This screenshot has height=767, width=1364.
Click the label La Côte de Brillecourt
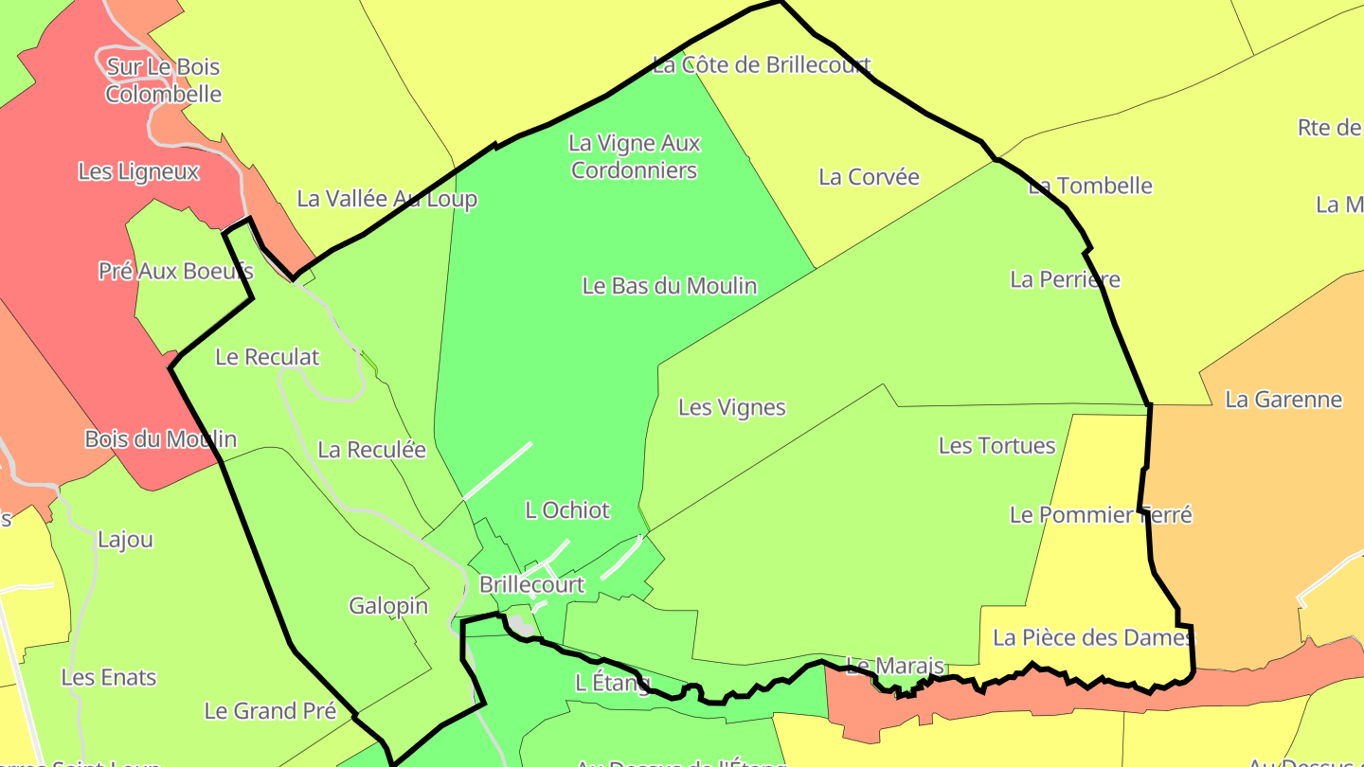pos(762,65)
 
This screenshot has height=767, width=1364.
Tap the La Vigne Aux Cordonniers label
pos(635,157)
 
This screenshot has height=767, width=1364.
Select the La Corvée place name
pos(869,177)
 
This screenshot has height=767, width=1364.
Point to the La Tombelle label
pos(1090,186)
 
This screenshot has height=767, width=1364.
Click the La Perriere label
pos(1065,279)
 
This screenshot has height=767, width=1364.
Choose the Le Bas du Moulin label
pos(670,286)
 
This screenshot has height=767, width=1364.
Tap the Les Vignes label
pos(732,408)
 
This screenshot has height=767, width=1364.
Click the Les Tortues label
pos(996,446)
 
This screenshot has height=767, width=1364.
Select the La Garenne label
pos(1283,400)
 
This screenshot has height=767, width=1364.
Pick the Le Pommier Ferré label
pos(1101,515)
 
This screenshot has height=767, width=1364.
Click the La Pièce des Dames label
pos(1093,638)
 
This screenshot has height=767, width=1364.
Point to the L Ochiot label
pos(567,510)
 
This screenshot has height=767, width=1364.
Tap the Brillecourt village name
pos(531,585)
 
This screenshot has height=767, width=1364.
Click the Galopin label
pos(388,606)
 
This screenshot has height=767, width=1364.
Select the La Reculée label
pos(371,450)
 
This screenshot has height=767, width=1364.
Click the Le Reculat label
pos(267,357)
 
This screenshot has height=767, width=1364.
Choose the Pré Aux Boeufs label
pos(175,271)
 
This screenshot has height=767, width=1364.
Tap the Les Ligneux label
pos(138,171)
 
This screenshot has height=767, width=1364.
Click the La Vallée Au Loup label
pos(386,199)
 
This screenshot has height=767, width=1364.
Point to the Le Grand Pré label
pos(270,711)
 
